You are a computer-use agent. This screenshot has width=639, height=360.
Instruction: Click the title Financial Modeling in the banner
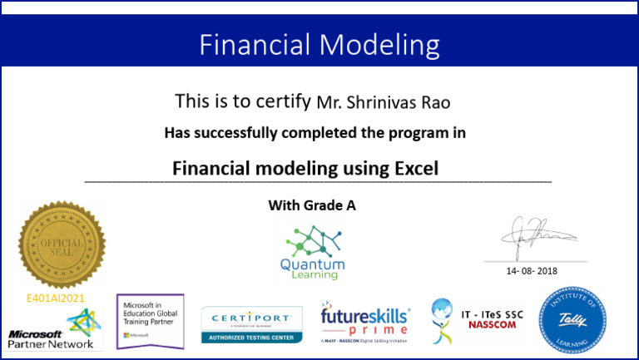(x=319, y=43)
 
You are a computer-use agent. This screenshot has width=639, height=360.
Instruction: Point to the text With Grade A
(x=312, y=205)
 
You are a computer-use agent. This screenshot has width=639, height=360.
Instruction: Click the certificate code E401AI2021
(x=57, y=297)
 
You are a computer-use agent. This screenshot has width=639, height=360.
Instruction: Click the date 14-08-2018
(x=532, y=271)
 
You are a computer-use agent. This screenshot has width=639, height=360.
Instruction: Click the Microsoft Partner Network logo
(x=52, y=329)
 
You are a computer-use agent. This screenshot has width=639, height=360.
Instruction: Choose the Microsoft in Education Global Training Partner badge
(x=150, y=320)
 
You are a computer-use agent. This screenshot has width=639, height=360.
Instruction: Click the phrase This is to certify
(x=243, y=101)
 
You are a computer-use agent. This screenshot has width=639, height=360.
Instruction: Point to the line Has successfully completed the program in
(x=315, y=132)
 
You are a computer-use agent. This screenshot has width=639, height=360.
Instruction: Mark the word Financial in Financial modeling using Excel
(x=210, y=168)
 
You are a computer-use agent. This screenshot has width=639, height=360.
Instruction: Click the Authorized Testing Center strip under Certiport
(x=250, y=337)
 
